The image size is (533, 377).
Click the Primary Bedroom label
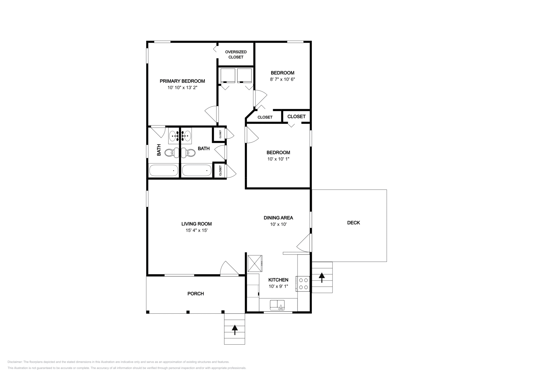pyautogui.click(x=182, y=81)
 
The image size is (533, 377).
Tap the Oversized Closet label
pyautogui.click(x=236, y=54)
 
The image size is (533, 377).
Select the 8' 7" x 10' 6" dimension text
pyautogui.click(x=282, y=79)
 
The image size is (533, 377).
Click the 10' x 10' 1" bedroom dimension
pyautogui.click(x=278, y=159)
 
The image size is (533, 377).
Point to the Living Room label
pyautogui.click(x=197, y=224)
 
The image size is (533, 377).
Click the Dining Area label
pyautogui.click(x=278, y=218)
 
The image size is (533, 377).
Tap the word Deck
pyautogui.click(x=353, y=222)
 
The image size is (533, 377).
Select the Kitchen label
pyautogui.click(x=278, y=280)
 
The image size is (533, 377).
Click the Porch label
pyautogui.click(x=196, y=293)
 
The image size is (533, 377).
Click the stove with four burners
pyautogui.click(x=303, y=283)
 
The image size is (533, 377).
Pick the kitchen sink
pyautogui.click(x=277, y=305)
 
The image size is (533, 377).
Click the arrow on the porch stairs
pyautogui.click(x=235, y=330)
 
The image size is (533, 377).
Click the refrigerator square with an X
pyautogui.click(x=255, y=264)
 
